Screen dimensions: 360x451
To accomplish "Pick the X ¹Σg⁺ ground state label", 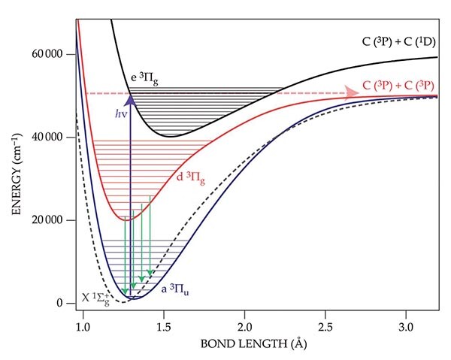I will (98, 298).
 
